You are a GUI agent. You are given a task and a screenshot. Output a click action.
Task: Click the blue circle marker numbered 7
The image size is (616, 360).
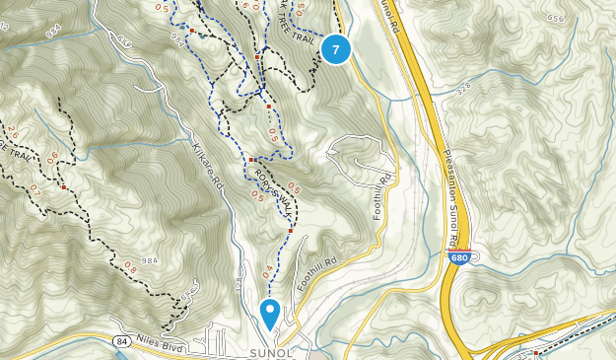point(336,48)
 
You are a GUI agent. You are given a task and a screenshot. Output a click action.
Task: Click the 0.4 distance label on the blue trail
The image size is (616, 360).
point(267,267)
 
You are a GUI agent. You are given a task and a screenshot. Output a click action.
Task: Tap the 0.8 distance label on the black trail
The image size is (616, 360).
point(130,266)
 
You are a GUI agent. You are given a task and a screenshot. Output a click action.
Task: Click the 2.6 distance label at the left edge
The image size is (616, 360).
point(11,130)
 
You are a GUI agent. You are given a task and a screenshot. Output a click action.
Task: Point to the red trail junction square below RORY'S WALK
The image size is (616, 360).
point(292,230)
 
